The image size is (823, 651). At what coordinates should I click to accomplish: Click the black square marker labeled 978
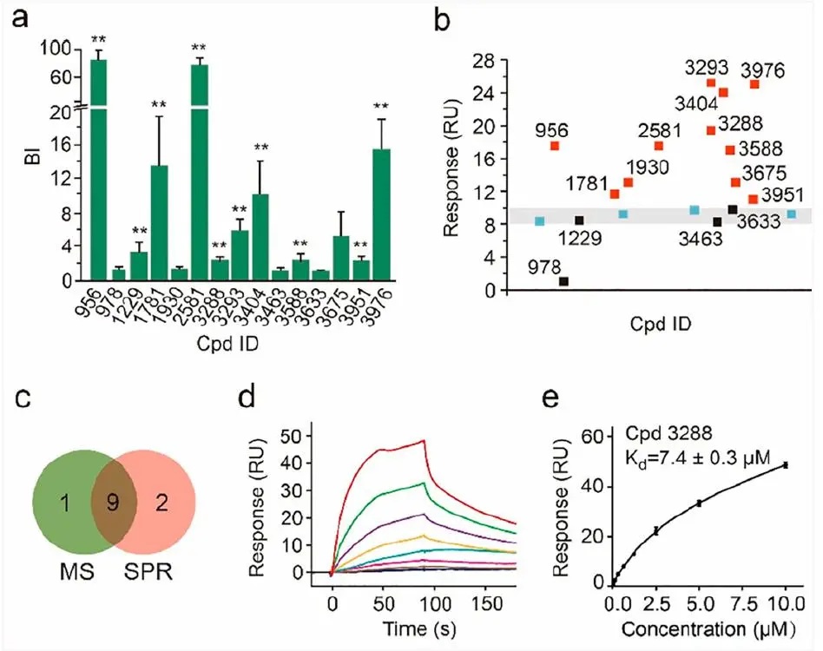click(564, 281)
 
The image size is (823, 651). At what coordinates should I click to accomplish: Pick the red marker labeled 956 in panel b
click(555, 146)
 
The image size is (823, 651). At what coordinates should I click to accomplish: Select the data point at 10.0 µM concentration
click(786, 465)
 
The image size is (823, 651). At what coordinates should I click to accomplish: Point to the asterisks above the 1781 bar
click(159, 106)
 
